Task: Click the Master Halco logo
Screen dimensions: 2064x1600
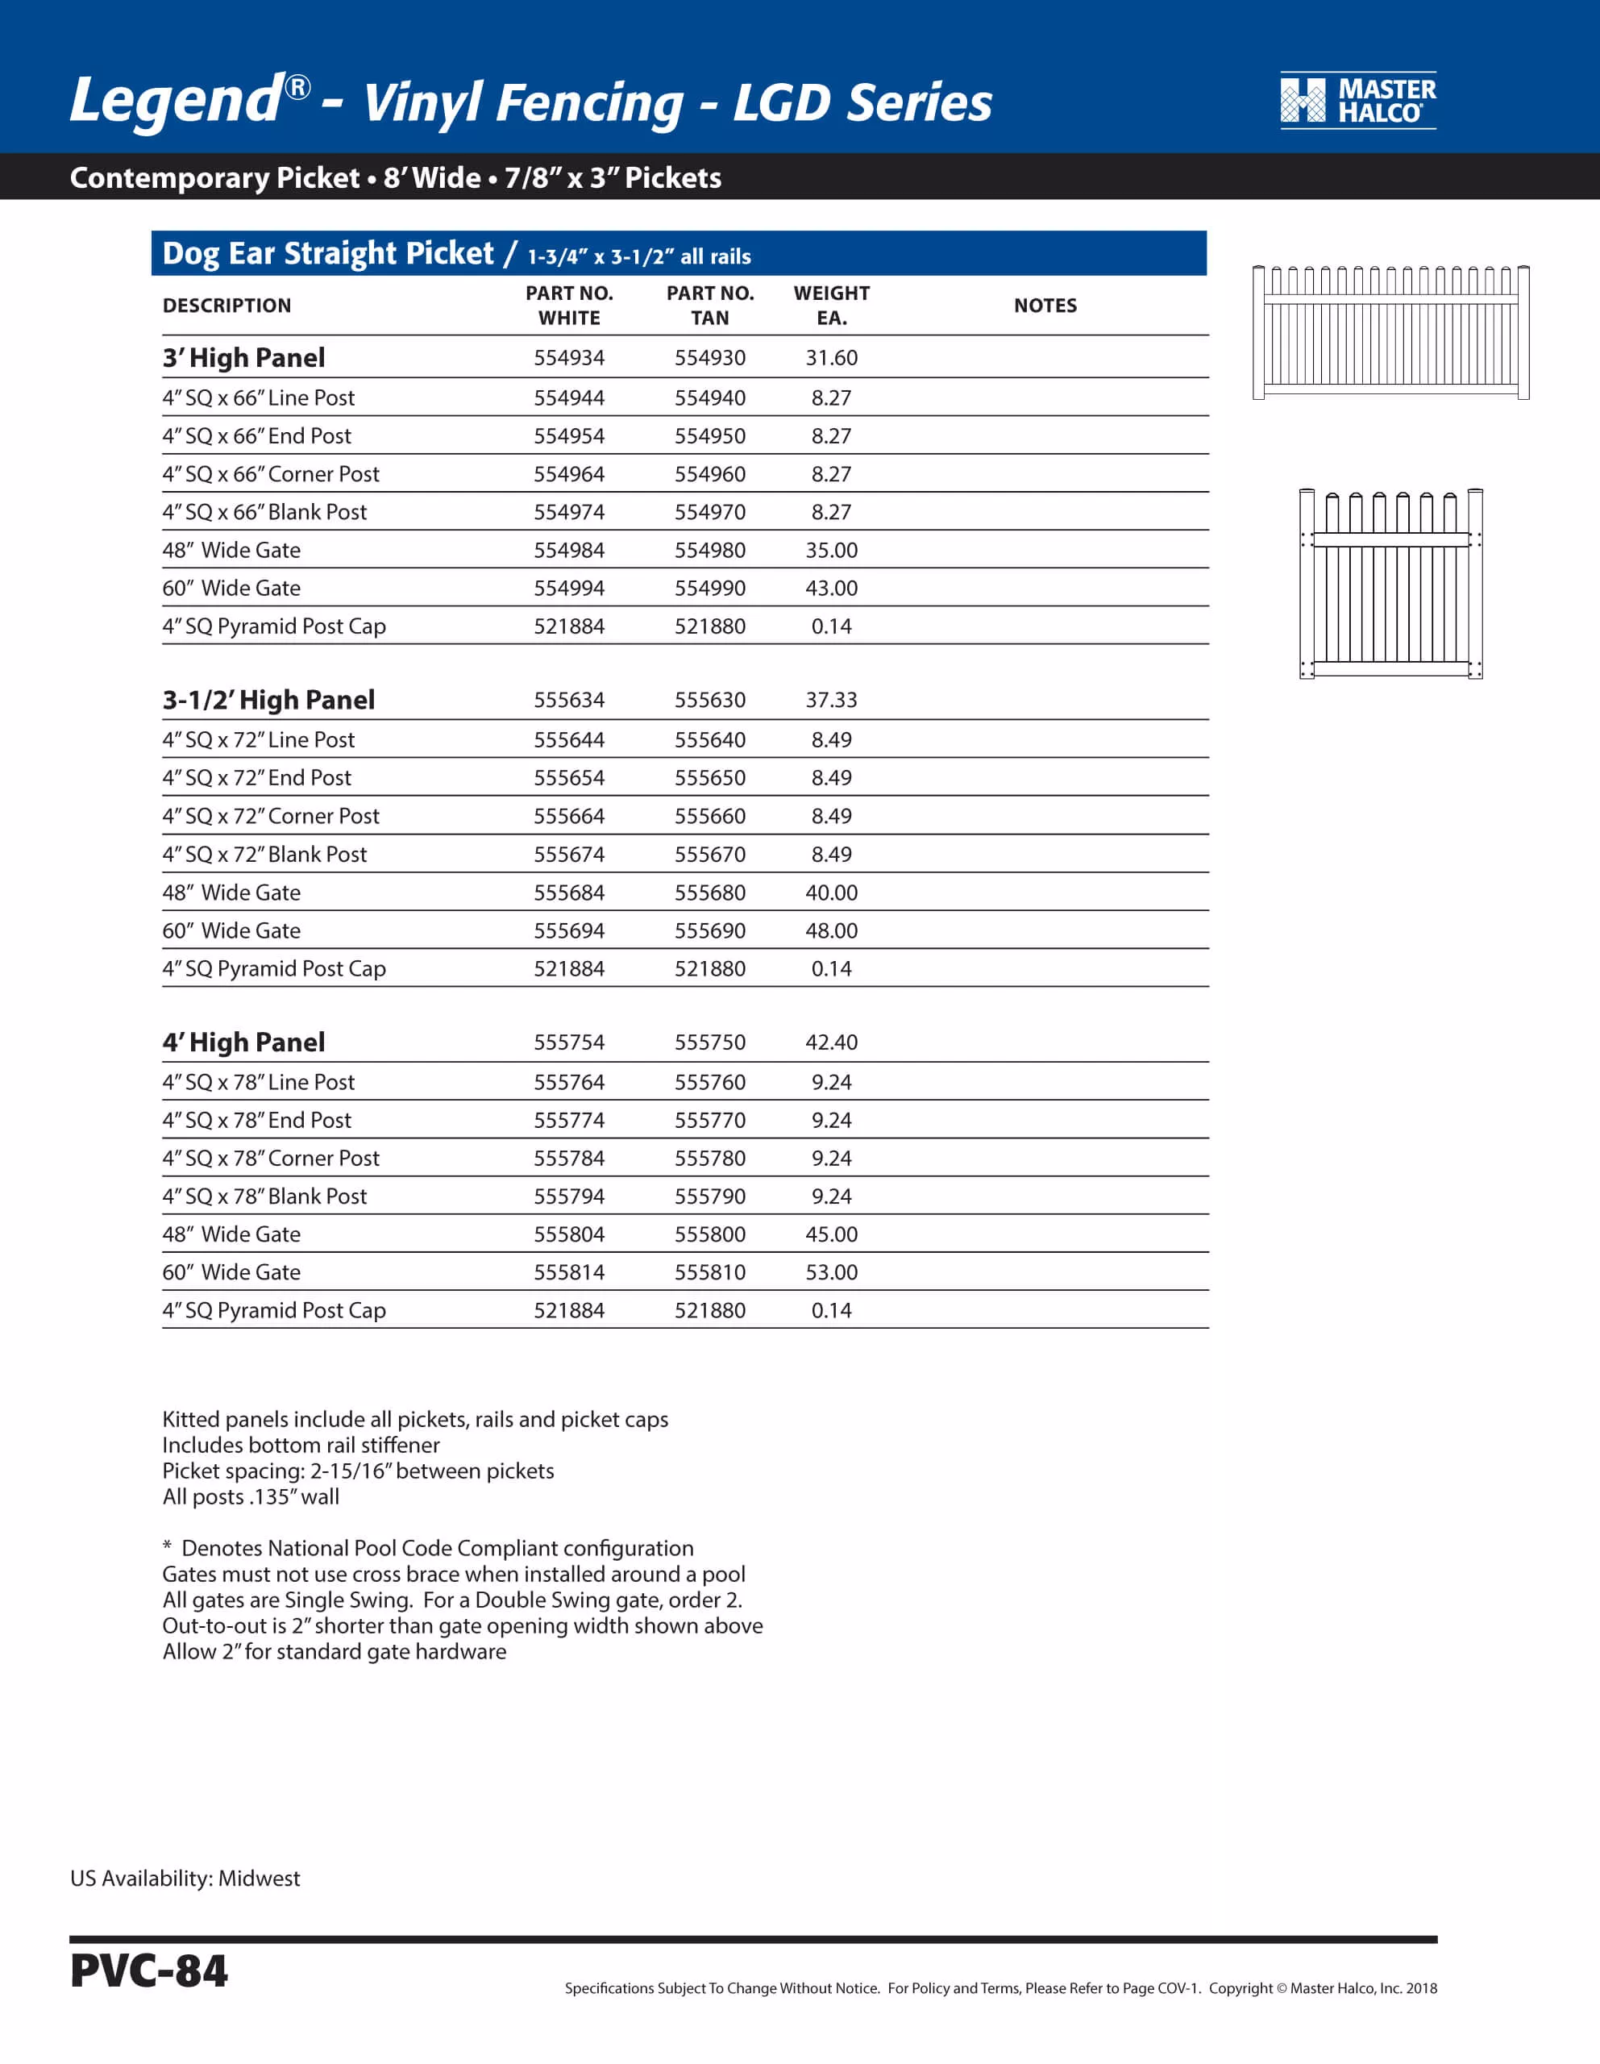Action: click(x=1357, y=100)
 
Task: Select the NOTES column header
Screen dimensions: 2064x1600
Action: click(x=1045, y=306)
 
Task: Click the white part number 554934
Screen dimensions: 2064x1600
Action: click(x=569, y=358)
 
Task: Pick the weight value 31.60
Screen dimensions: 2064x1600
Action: click(x=831, y=358)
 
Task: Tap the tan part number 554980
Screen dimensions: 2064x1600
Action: click(x=710, y=550)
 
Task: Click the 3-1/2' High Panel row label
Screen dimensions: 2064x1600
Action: click(x=268, y=701)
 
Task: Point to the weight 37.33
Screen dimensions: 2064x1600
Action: click(x=831, y=701)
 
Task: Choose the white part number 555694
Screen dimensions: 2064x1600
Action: click(x=569, y=931)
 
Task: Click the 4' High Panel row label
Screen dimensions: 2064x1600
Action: click(x=243, y=1042)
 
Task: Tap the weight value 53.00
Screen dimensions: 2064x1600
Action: click(x=831, y=1272)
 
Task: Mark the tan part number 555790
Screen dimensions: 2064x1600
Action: click(x=710, y=1196)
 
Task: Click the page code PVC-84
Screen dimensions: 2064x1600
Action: click(x=148, y=1971)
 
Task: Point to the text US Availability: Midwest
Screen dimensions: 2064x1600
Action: click(x=185, y=1879)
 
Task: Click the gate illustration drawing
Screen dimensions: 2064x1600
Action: click(x=1390, y=583)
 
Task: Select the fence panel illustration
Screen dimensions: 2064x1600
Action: click(x=1390, y=333)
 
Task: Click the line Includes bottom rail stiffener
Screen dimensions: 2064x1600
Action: click(x=301, y=1445)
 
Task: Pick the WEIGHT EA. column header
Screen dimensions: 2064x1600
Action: click(x=831, y=306)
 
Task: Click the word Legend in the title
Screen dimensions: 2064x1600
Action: click(x=176, y=100)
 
